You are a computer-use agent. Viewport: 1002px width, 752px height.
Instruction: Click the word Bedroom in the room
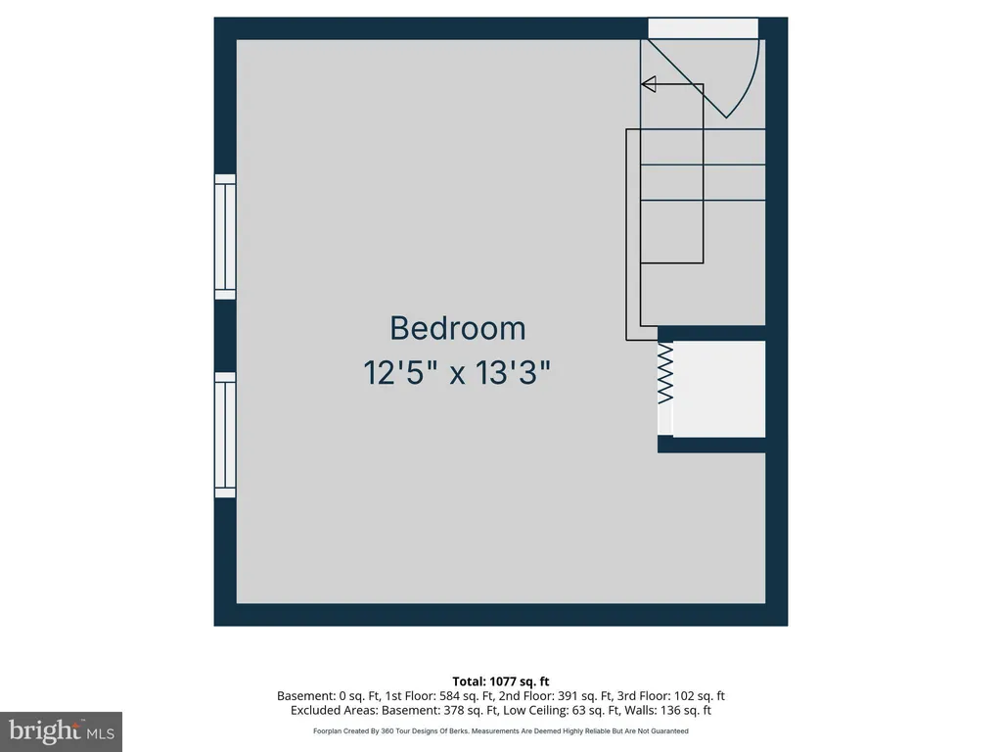458,328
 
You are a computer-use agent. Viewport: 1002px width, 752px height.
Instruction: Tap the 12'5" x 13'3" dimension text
457,372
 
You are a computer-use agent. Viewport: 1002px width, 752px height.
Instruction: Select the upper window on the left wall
225,237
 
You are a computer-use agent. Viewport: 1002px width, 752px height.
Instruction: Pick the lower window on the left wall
225,435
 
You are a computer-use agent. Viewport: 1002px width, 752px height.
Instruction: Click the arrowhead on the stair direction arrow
649,84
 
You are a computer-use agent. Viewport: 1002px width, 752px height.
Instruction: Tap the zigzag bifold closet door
665,373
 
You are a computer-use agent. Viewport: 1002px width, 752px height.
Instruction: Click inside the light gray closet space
719,389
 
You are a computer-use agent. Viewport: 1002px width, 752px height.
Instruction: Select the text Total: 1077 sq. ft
501,681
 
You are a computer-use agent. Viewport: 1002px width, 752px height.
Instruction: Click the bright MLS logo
62,731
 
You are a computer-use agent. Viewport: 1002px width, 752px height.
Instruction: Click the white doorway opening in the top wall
703,28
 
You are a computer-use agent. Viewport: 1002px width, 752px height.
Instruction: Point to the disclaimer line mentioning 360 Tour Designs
501,730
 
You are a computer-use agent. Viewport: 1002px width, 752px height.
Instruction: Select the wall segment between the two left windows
225,336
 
